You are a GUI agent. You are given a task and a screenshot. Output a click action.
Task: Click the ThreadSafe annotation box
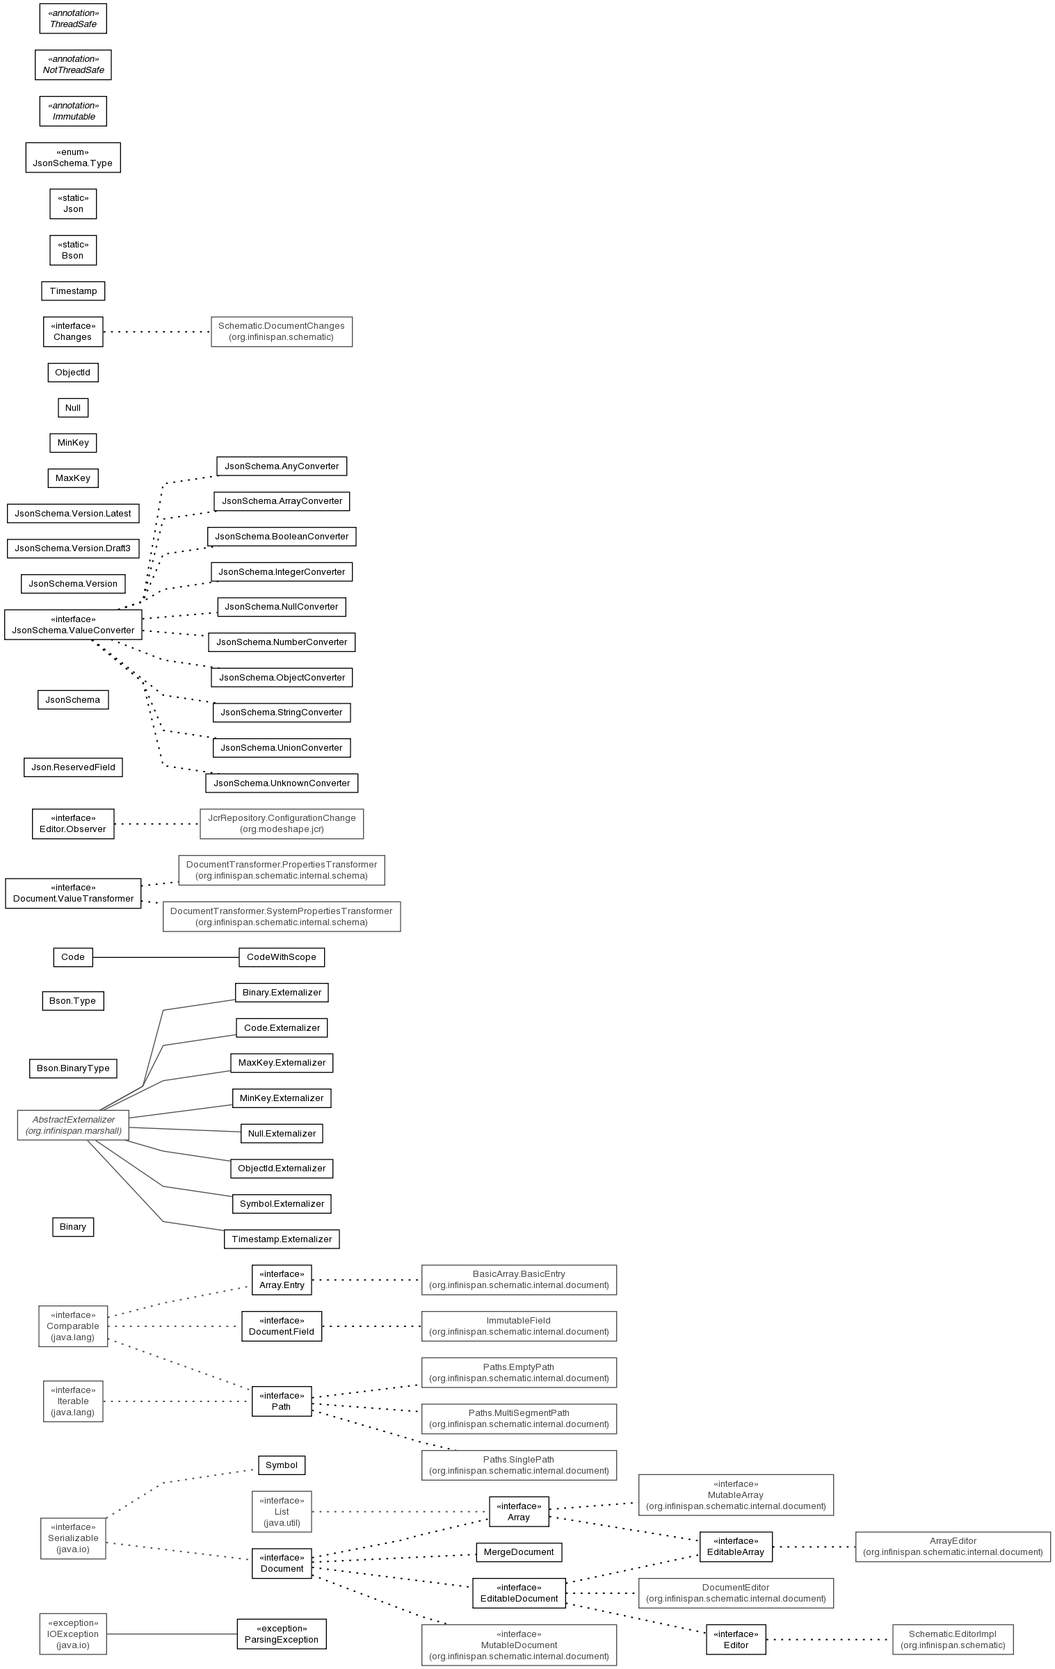tap(73, 19)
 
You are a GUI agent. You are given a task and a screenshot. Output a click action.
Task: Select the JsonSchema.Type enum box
tap(73, 158)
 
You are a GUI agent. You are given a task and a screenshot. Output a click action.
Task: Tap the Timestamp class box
tap(73, 291)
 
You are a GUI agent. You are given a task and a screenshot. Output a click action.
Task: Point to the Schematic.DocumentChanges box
tap(282, 332)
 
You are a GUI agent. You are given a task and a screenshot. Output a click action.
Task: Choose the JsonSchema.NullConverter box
tap(282, 607)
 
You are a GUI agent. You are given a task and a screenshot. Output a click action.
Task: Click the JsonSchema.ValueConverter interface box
tap(73, 625)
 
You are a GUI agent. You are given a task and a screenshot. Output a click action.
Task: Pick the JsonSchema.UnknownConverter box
tap(282, 783)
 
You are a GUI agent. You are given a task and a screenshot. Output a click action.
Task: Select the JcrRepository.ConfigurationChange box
tap(282, 824)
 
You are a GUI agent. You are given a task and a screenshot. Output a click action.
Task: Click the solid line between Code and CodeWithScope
tap(166, 957)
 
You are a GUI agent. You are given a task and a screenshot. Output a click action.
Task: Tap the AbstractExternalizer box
tap(73, 1125)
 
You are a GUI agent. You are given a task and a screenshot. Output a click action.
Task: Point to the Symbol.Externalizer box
tap(282, 1204)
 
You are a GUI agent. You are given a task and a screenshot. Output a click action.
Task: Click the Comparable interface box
tap(73, 1326)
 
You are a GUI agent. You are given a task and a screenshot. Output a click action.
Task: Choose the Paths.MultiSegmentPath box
tap(519, 1419)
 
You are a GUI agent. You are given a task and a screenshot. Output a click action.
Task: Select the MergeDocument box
tap(519, 1552)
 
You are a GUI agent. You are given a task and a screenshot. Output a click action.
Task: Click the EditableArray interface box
tap(736, 1547)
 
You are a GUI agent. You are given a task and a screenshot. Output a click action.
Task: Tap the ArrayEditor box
tap(953, 1547)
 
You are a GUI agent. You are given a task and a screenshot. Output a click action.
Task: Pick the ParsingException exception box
tap(282, 1634)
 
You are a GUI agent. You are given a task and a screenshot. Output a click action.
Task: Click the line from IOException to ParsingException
tap(172, 1634)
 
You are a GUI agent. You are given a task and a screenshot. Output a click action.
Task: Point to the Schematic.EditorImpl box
tap(953, 1640)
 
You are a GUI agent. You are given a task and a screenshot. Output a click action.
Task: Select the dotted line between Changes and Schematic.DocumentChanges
tap(157, 332)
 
